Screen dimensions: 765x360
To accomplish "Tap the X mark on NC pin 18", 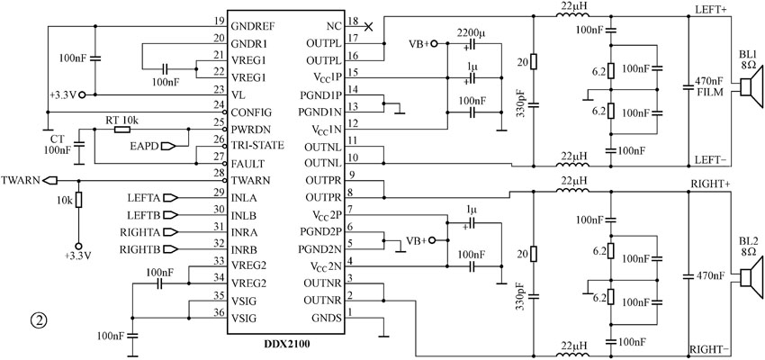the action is (369, 27).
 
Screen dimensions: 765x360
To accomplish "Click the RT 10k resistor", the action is (121, 130).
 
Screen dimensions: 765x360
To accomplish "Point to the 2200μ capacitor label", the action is (471, 33).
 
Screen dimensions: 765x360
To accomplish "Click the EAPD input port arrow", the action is (169, 146).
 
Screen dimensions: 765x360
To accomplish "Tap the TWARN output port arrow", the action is (49, 181).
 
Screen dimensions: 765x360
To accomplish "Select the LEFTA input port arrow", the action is (172, 198).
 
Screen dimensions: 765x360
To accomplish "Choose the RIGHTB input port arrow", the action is (172, 249).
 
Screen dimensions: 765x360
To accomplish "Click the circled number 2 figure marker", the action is (39, 320).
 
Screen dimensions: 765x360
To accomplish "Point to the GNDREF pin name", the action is (251, 25).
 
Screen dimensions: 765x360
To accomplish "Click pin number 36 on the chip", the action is (218, 312).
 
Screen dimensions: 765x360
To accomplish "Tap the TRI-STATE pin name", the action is (258, 146).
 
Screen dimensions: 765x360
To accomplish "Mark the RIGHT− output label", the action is (709, 349).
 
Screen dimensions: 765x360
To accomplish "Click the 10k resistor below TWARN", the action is (78, 200).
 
